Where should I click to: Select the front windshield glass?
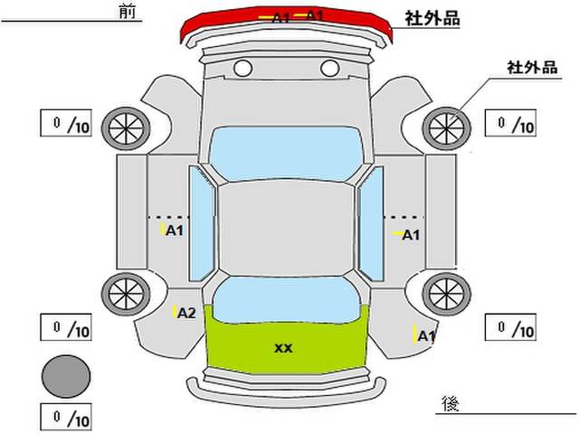[287, 153]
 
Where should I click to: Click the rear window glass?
[287, 299]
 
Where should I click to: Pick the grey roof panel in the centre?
[286, 229]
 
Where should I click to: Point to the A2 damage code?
[186, 314]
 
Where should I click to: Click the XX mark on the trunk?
[283, 348]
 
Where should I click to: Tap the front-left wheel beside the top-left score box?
[126, 128]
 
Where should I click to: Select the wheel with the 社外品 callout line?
[446, 128]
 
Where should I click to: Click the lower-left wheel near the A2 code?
[126, 294]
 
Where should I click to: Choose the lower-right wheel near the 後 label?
[446, 294]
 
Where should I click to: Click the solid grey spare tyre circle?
[66, 376]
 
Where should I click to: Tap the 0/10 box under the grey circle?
[66, 418]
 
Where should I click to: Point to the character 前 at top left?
[128, 11]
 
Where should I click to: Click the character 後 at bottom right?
[451, 404]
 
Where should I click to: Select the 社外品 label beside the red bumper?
[432, 18]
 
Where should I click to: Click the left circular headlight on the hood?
[243, 69]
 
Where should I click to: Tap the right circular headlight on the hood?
[329, 69]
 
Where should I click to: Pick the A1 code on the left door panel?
[175, 231]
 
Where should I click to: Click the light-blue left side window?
[201, 223]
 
